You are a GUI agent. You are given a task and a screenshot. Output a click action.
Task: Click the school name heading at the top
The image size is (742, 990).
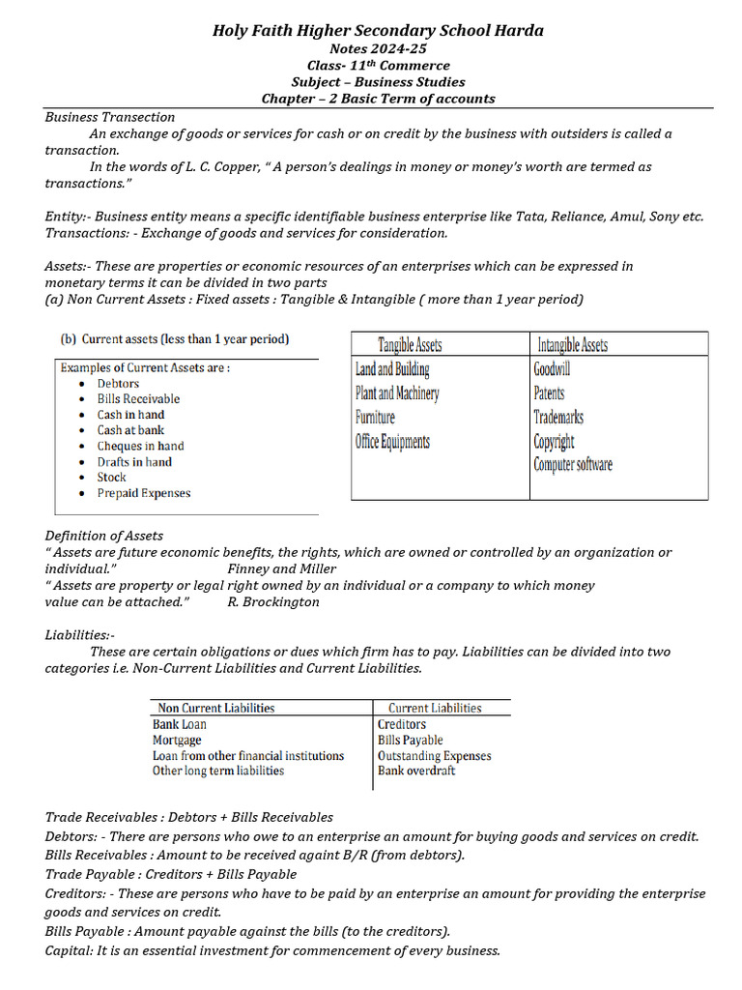pos(378,31)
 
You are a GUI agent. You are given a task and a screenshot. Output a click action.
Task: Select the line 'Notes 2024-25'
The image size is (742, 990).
pos(378,48)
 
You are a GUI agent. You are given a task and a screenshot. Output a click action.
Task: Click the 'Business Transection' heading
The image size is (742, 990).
pos(110,117)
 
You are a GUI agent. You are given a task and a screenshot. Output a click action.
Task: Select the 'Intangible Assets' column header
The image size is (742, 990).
pos(572,345)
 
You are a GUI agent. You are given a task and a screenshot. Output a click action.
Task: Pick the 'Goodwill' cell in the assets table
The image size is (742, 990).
pos(552,369)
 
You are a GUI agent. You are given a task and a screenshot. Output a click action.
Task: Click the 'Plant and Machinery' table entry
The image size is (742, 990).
pos(397,393)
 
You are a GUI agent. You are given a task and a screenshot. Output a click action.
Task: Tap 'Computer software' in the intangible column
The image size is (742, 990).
pos(572,465)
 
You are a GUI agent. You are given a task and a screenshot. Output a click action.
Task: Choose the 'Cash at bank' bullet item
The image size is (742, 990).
pos(130,430)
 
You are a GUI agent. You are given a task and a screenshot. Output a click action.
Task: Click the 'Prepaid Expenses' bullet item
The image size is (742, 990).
pos(144,493)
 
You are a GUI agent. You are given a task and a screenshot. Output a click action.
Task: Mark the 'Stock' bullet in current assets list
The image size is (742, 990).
pos(111,478)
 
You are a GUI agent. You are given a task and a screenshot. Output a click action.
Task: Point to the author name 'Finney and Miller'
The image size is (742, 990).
pos(282,569)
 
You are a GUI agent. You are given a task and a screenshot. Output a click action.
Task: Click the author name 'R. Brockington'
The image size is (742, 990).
pos(273,602)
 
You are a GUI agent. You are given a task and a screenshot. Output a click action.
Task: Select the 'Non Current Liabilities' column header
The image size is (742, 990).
pos(215,709)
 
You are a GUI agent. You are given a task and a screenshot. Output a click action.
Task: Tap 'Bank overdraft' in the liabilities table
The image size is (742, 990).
pos(416,772)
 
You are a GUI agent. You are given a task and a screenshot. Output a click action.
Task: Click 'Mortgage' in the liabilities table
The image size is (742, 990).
pos(177,741)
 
